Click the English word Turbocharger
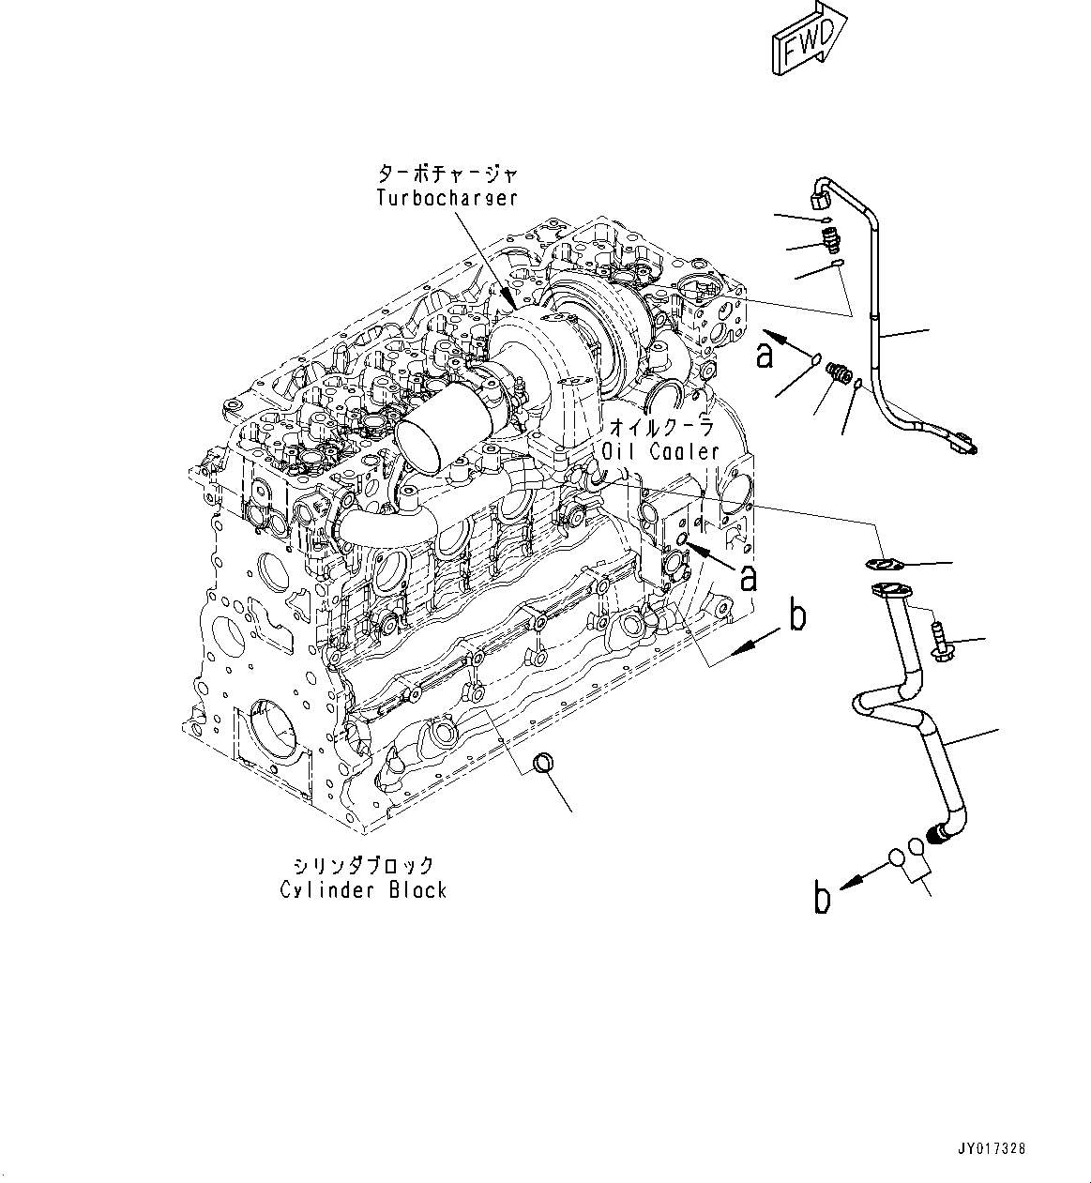click(x=447, y=198)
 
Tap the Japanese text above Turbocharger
click(x=447, y=174)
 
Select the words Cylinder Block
click(x=363, y=889)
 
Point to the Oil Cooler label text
click(x=660, y=451)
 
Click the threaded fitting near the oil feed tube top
click(x=828, y=241)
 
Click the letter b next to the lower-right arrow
click(x=823, y=899)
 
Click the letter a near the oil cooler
click(x=748, y=578)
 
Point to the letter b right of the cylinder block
click(x=796, y=615)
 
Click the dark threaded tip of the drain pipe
click(x=936, y=832)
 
